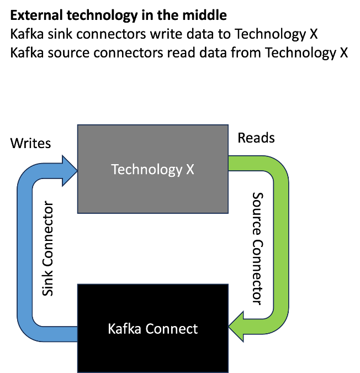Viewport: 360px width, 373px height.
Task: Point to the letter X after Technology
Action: (x=190, y=169)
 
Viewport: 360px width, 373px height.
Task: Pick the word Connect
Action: (x=171, y=329)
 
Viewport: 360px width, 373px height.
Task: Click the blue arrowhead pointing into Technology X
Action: (x=70, y=171)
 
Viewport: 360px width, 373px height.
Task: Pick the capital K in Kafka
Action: (x=112, y=329)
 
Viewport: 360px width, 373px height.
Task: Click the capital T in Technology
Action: (x=114, y=169)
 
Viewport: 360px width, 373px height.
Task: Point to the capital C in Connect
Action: (x=150, y=329)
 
